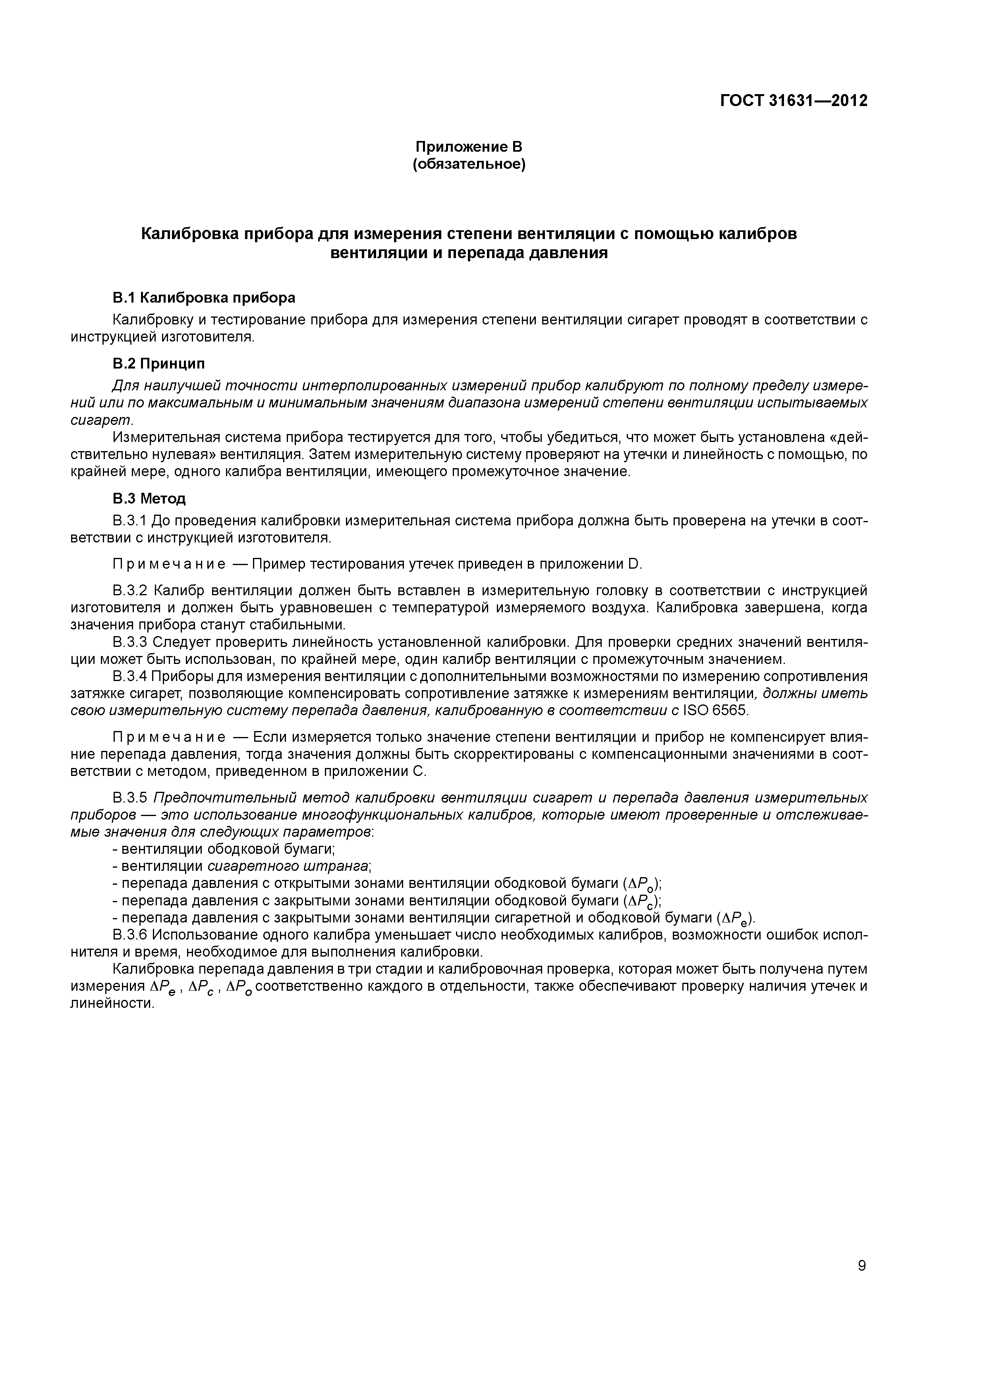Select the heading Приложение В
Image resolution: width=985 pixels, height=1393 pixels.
point(469,147)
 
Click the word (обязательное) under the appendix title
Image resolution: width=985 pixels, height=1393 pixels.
point(469,164)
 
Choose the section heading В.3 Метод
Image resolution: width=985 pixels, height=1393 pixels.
point(149,499)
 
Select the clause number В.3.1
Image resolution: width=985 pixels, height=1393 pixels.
point(129,521)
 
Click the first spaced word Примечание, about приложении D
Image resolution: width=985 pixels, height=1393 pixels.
point(169,564)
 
